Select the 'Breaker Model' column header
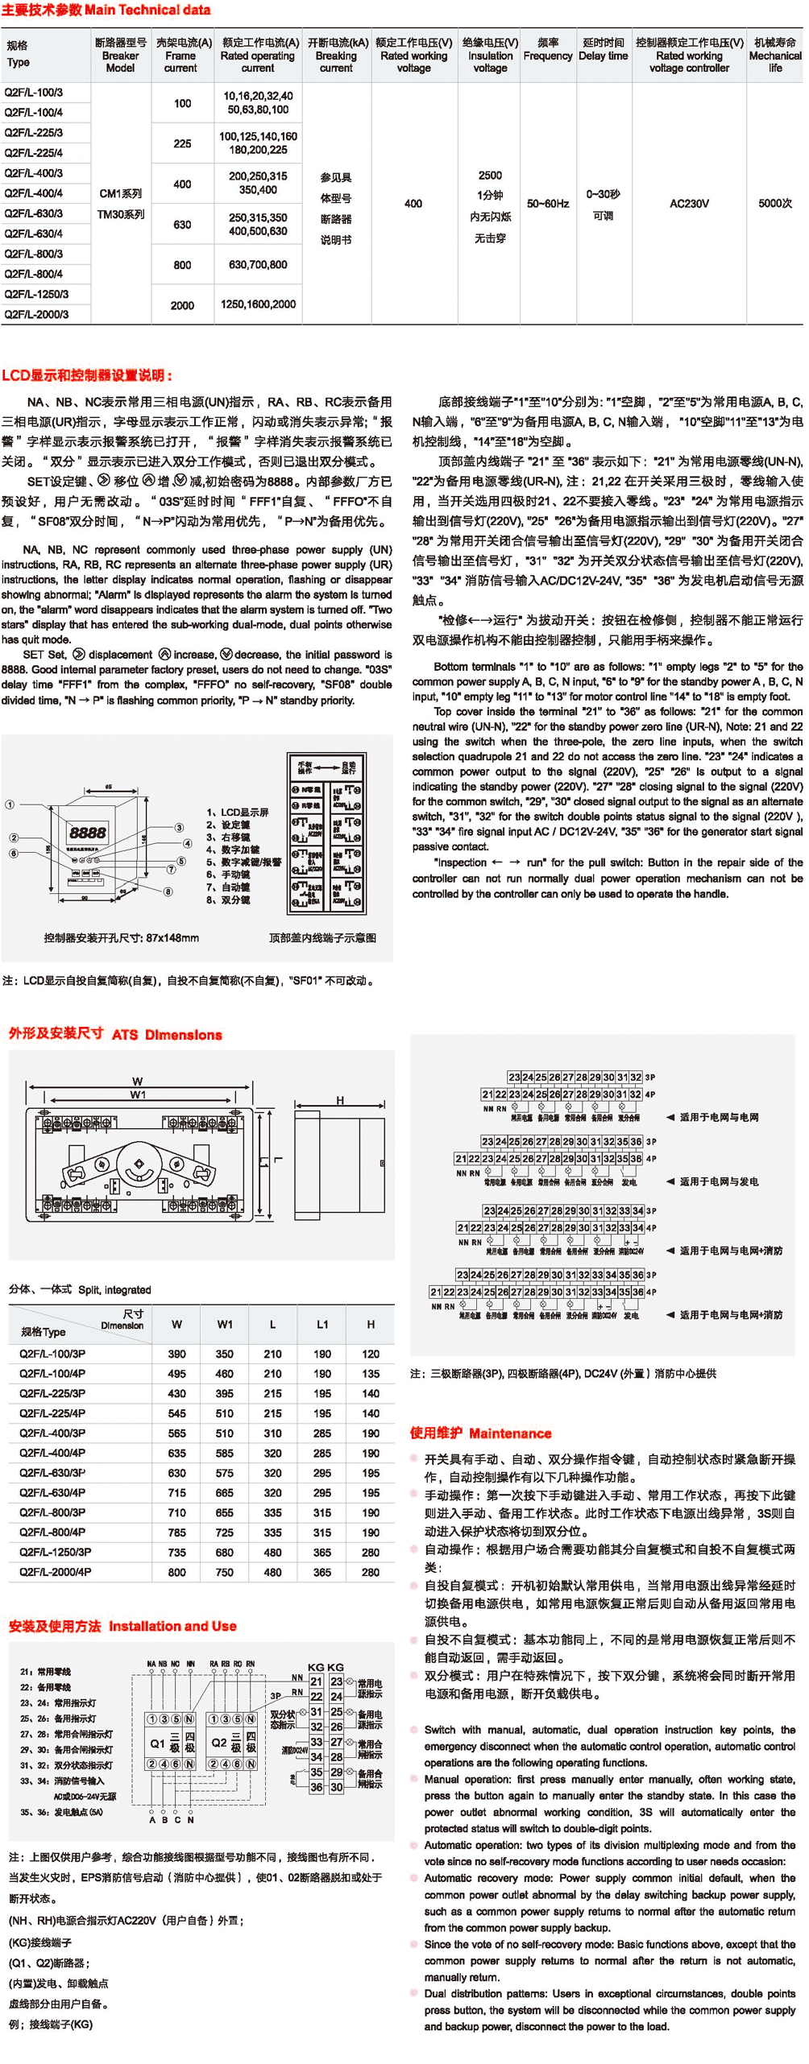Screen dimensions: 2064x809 click(x=120, y=56)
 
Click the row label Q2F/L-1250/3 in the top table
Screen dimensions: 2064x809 click(x=37, y=295)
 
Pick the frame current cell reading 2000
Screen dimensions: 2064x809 click(x=183, y=305)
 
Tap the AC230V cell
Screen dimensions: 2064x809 click(x=689, y=204)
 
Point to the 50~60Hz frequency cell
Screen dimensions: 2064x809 click(x=548, y=204)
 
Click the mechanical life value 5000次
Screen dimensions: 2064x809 click(x=775, y=204)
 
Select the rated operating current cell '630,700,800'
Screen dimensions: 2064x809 click(x=258, y=264)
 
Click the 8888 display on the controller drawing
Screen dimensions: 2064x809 click(x=87, y=833)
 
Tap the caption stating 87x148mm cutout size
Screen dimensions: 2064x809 click(x=122, y=937)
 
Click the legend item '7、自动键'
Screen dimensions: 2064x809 click(x=228, y=887)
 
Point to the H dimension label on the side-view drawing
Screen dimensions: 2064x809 click(x=340, y=1100)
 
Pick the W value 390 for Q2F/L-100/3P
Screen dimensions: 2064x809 click(x=176, y=1354)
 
